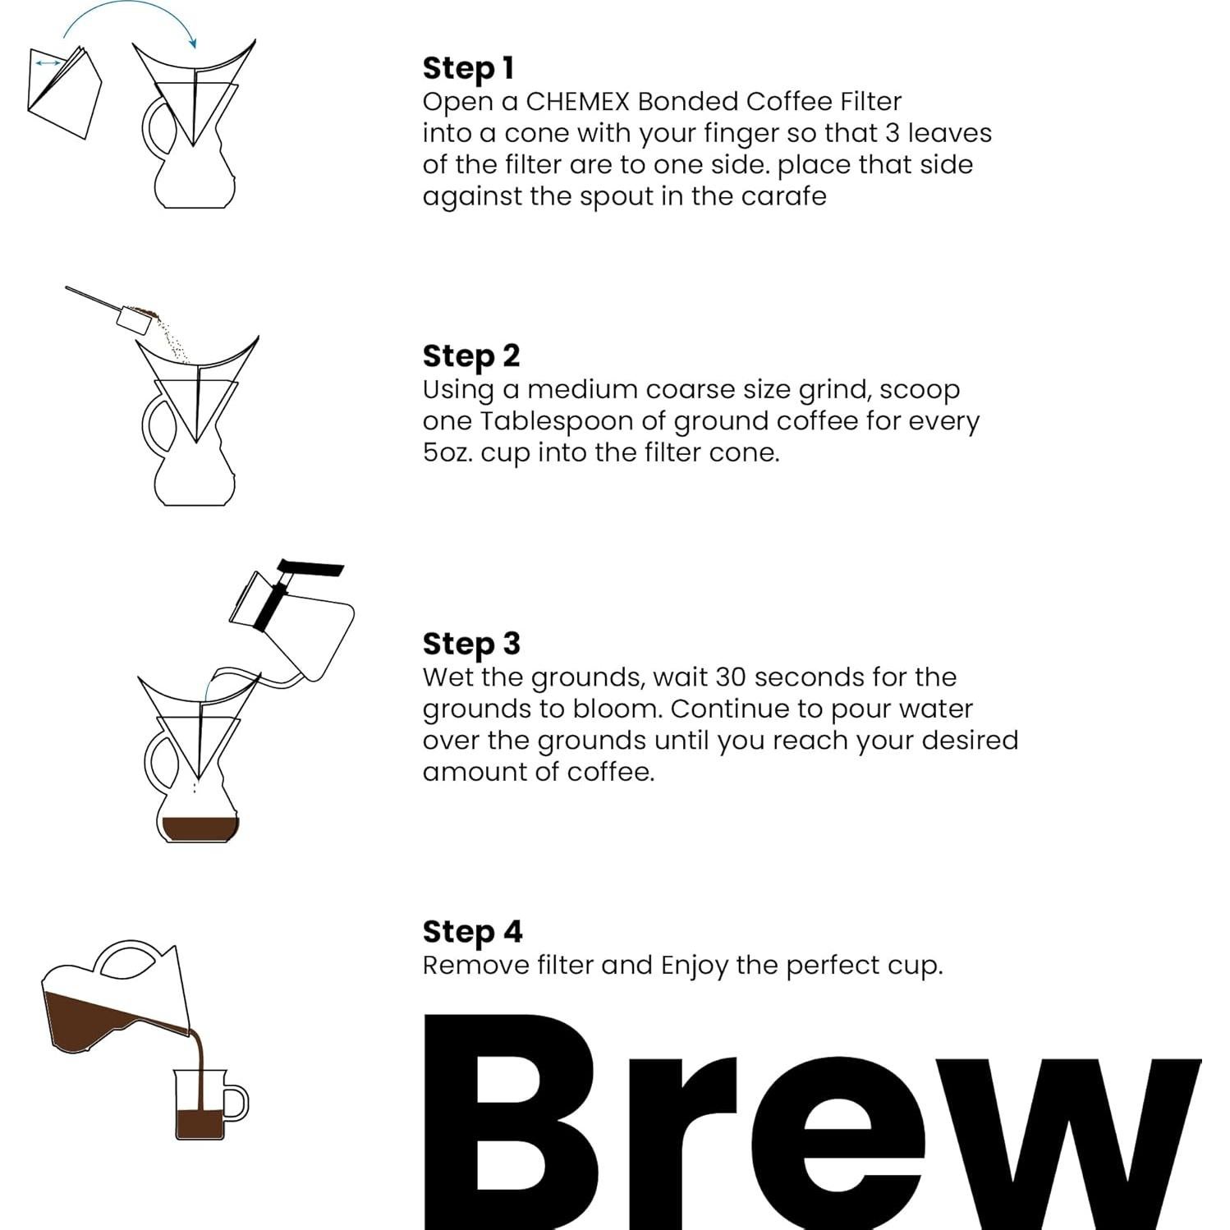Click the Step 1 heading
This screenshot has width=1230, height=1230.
(x=468, y=68)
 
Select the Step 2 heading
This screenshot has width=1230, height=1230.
(x=471, y=356)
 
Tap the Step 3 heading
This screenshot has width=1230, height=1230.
(x=471, y=644)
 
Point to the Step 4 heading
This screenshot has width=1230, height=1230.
(x=472, y=931)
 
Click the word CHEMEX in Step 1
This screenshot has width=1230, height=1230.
(x=577, y=102)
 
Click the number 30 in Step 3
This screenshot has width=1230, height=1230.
(x=730, y=677)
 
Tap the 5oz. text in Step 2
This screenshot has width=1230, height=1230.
(x=447, y=452)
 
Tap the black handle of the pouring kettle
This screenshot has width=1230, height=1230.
(x=310, y=569)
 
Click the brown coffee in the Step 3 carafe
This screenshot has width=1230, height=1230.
(x=200, y=828)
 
